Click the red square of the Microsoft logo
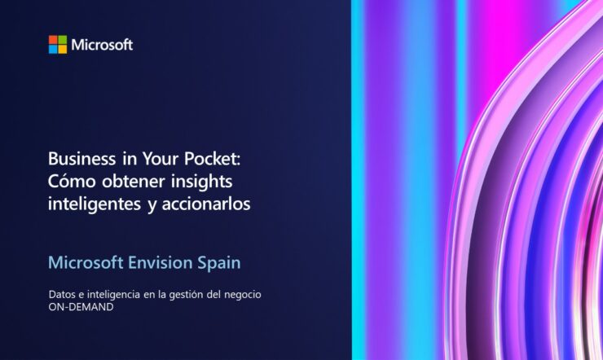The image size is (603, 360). click(x=53, y=40)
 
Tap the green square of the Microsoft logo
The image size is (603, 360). click(x=62, y=40)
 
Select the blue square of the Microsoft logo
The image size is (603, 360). click(x=53, y=49)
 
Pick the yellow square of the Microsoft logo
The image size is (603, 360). click(x=62, y=49)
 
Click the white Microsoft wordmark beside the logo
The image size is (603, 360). click(x=102, y=45)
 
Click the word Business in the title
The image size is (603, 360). click(x=81, y=158)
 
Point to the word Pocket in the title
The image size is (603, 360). click(x=212, y=158)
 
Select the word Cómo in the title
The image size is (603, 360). click(x=72, y=181)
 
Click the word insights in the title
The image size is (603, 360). click(x=201, y=182)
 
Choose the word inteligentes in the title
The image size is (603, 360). click(x=95, y=204)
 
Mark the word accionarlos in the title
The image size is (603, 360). click(x=206, y=204)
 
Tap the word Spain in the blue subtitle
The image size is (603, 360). click(x=219, y=263)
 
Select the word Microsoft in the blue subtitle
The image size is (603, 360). click(x=86, y=263)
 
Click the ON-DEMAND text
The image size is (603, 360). click(x=81, y=307)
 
